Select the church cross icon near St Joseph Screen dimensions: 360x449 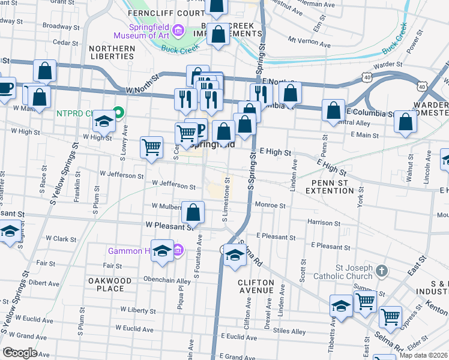[x=381, y=272]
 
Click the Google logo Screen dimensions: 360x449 [x=20, y=353]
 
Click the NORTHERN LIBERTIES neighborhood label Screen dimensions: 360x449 [x=112, y=52]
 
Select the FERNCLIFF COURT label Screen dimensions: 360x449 [x=165, y=13]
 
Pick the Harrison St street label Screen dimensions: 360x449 [x=324, y=223]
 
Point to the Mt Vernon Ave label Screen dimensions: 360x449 [x=310, y=41]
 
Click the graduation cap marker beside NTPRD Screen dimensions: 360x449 [x=104, y=122]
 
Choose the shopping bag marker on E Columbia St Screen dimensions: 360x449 [x=333, y=110]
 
